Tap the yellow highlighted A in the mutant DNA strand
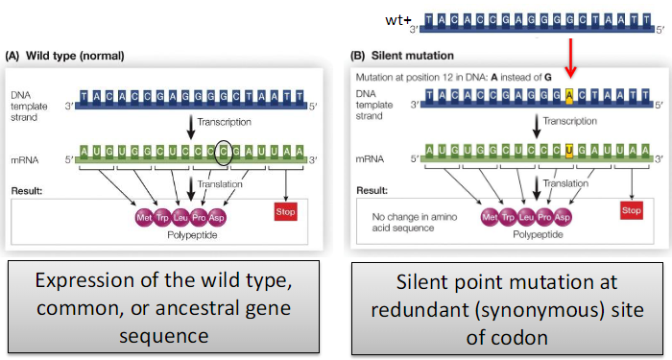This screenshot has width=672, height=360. pos(569,96)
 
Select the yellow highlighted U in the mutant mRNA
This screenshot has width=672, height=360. pos(570,151)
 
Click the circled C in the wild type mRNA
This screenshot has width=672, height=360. pos(224,151)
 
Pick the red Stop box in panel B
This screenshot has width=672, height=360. pos(630,208)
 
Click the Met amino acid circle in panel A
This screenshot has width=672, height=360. pos(146,218)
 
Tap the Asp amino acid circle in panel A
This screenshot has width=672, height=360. pos(218,218)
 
